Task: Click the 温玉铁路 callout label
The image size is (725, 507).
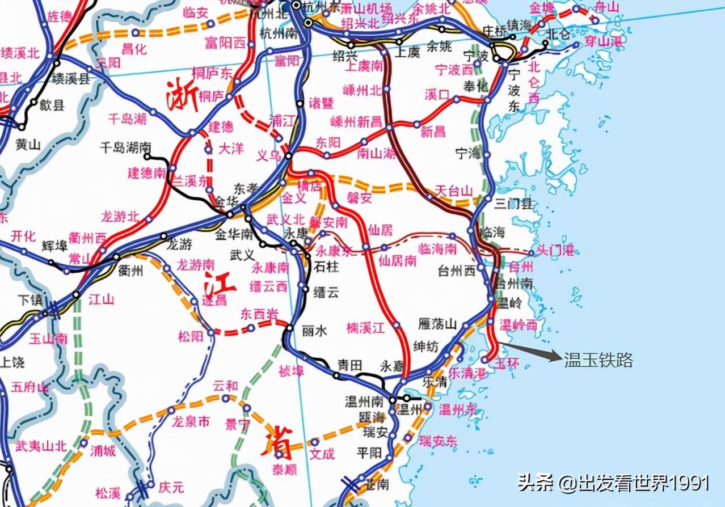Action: [x=598, y=360]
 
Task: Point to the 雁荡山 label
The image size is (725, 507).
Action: [x=437, y=324]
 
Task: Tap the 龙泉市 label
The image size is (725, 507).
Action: [x=191, y=422]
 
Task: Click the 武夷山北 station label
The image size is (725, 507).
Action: [x=41, y=446]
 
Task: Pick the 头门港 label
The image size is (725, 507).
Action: [x=555, y=251]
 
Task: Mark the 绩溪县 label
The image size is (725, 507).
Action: [x=71, y=79]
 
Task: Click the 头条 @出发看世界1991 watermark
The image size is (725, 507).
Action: [x=613, y=483]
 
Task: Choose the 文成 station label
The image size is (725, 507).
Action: [x=322, y=454]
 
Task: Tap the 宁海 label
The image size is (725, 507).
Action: [x=469, y=153]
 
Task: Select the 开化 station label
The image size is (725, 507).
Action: [x=23, y=236]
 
